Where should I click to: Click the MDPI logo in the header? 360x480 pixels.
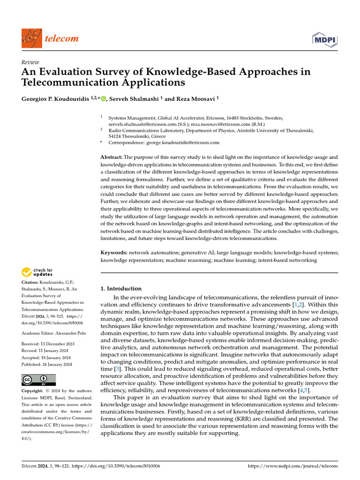(324, 39)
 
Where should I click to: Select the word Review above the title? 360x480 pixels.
(30, 62)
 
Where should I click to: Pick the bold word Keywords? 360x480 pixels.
(114, 253)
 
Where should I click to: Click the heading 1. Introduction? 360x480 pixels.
(121, 289)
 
